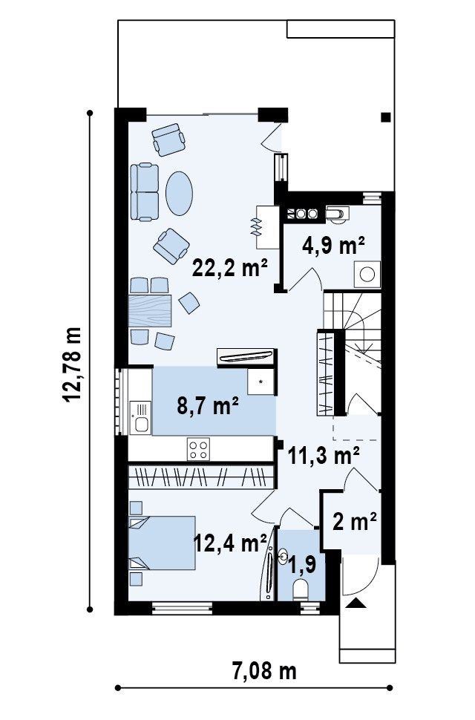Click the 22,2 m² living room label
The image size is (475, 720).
(229, 267)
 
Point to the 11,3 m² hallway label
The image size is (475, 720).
(324, 456)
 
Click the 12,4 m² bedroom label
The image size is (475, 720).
(230, 543)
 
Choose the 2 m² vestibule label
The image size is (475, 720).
(354, 521)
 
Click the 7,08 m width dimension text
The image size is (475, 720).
(264, 671)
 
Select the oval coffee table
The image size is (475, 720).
(179, 193)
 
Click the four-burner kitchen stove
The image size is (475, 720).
(199, 449)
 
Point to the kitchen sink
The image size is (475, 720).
(140, 417)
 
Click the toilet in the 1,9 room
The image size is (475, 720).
(301, 589)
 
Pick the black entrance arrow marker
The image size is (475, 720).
(356, 603)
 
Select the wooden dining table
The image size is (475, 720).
(150, 311)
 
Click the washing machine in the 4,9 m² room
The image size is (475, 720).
(367, 274)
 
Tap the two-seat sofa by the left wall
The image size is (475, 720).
(145, 192)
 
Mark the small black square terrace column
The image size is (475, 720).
(385, 117)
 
